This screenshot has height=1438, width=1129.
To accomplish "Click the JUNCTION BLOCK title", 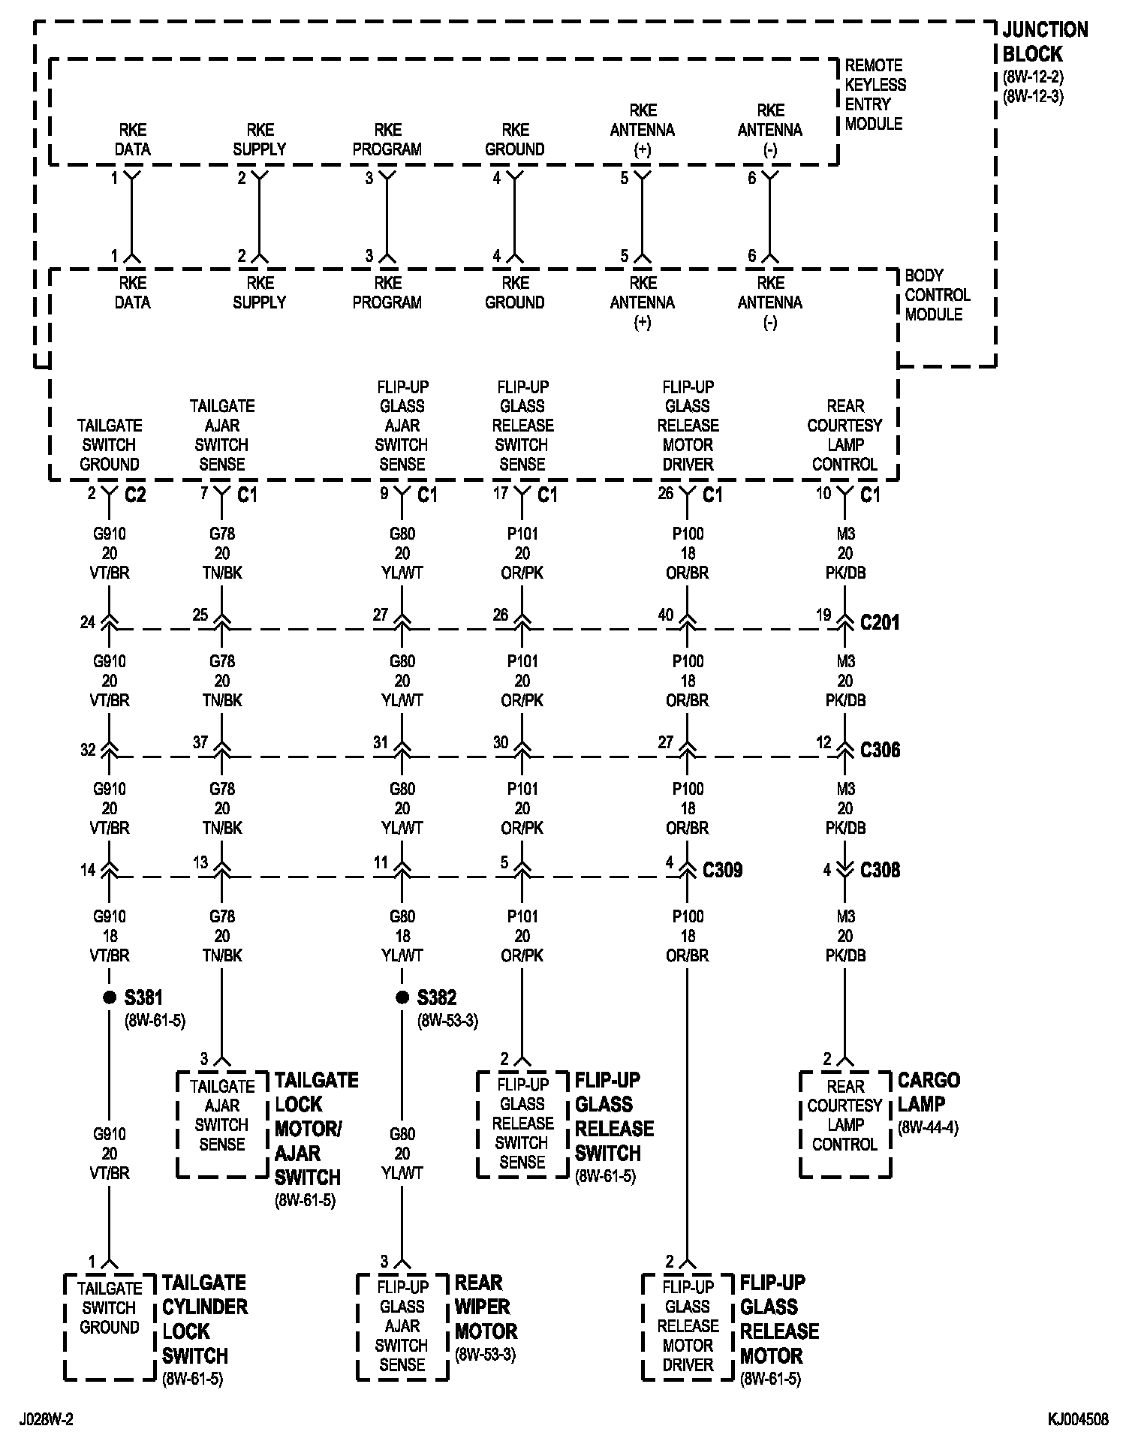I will pyautogui.click(x=1044, y=42).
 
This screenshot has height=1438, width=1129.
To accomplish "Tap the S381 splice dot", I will pyautogui.click(x=110, y=997).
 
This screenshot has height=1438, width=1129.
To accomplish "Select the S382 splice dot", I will pyautogui.click(x=402, y=997).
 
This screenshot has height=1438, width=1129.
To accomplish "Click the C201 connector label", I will pyautogui.click(x=879, y=622).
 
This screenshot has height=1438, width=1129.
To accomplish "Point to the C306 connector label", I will pyautogui.click(x=880, y=750).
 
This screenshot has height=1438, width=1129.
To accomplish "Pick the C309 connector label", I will pyautogui.click(x=722, y=870).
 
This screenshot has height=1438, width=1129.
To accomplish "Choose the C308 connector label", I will pyautogui.click(x=880, y=870).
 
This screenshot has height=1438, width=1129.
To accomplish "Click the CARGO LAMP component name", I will pyautogui.click(x=929, y=1092).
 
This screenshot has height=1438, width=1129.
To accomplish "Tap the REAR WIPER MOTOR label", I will pyautogui.click(x=486, y=1319).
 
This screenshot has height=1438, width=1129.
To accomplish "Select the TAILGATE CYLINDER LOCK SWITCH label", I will pyautogui.click(x=204, y=1319).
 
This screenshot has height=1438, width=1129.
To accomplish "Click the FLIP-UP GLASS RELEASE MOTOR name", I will pyautogui.click(x=779, y=1319).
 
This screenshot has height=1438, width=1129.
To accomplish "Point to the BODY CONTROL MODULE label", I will pyautogui.click(x=937, y=295).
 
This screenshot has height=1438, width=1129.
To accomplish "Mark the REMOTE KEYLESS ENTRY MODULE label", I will pyautogui.click(x=875, y=95).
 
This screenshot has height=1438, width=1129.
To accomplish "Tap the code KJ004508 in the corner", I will pyautogui.click(x=1078, y=1419).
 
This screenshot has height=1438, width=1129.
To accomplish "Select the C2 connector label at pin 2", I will pyautogui.click(x=134, y=495).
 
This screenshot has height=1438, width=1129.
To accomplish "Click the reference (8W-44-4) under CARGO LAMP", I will pyautogui.click(x=928, y=1128).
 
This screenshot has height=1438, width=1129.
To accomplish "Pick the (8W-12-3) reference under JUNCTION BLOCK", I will pyautogui.click(x=1033, y=96).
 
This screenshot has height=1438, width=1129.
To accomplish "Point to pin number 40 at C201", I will pyautogui.click(x=665, y=615).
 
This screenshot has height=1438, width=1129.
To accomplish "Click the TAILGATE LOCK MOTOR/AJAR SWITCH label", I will pyautogui.click(x=316, y=1128).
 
